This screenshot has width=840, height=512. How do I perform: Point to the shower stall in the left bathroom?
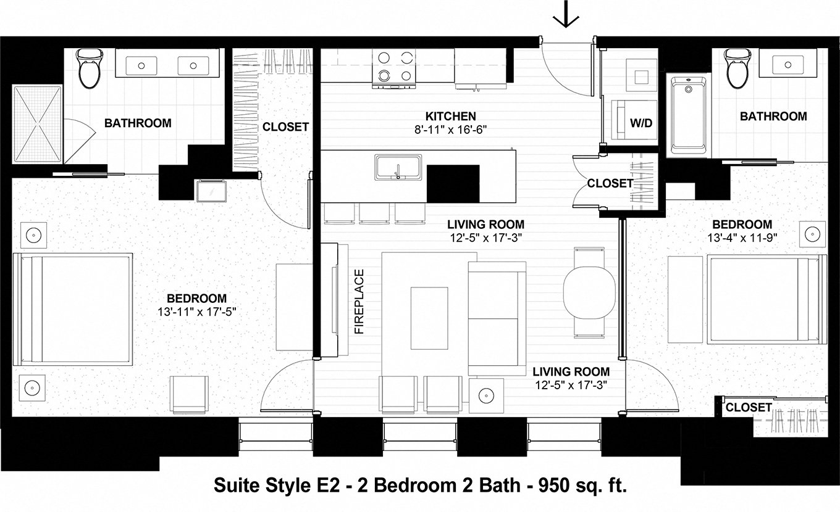point(38,123)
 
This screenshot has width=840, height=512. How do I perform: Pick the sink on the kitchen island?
point(398,168)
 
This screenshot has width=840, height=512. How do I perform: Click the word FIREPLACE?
point(359,302)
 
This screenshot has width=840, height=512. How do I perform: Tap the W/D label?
point(640,123)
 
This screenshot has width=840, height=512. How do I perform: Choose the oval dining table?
point(589,292)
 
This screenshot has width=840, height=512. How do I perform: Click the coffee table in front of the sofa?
point(429,317)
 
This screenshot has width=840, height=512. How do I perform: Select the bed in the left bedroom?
point(76,308)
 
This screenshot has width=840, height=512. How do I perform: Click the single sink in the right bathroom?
point(789,64)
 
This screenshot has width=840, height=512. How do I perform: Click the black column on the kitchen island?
point(453,184)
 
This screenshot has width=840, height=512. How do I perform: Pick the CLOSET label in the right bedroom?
point(748,407)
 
